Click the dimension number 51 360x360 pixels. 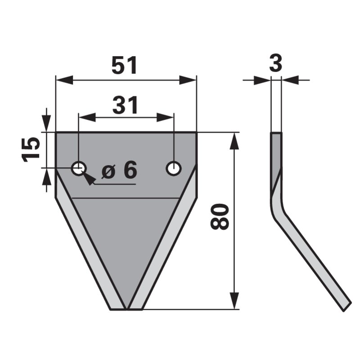(124, 66)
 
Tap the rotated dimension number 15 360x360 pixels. (31, 149)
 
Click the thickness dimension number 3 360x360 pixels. (275, 63)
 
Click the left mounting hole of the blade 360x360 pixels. (79, 169)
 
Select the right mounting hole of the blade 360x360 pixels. (173, 169)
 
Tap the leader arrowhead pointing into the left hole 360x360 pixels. (89, 180)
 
